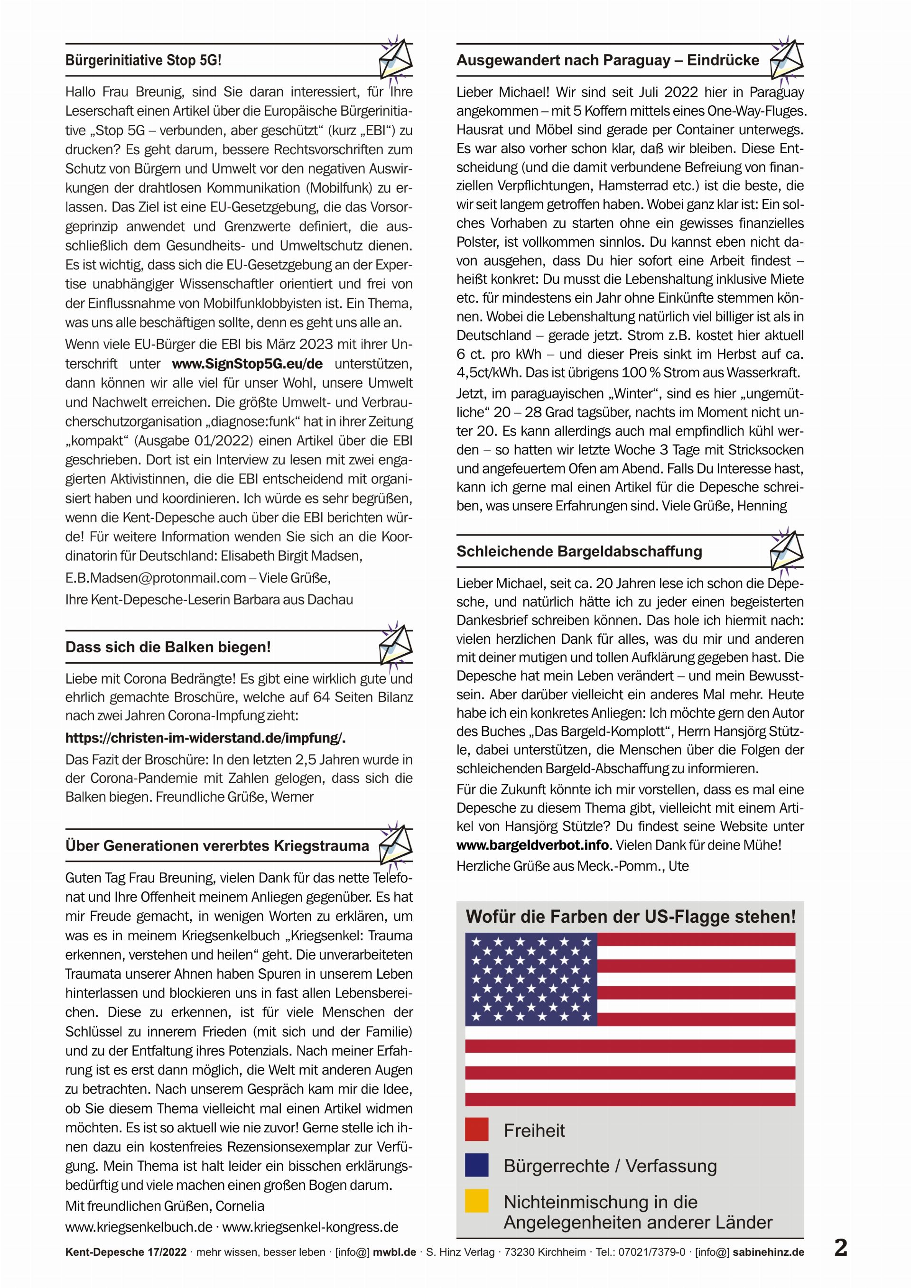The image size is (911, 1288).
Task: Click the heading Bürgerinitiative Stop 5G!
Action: click(143, 61)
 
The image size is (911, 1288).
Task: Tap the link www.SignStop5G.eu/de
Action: click(247, 364)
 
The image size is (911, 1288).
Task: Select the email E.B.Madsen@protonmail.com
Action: click(155, 578)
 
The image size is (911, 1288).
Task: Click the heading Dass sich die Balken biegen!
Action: click(167, 648)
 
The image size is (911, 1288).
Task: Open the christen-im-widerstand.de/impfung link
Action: click(205, 738)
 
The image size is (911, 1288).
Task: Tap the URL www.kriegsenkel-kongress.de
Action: click(310, 1227)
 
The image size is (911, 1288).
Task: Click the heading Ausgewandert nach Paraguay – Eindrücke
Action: click(607, 61)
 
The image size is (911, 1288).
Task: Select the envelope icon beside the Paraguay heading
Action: click(787, 59)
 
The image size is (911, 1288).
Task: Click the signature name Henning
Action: click(761, 506)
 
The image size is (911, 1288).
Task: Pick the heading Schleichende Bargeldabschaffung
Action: click(579, 551)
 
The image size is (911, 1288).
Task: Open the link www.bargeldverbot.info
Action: click(532, 845)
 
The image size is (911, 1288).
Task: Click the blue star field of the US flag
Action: click(530, 979)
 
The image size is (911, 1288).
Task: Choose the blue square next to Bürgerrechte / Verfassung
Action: click(476, 1165)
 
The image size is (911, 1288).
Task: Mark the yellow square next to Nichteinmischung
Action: click(476, 1201)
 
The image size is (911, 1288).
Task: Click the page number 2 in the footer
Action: click(840, 1248)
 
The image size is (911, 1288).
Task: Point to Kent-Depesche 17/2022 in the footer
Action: click(126, 1252)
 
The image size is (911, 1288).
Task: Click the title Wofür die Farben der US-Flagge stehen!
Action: click(631, 917)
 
